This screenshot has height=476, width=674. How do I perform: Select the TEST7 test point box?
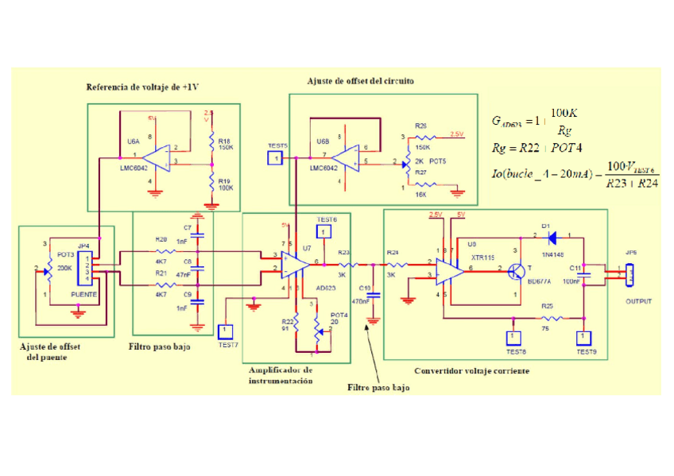(x=226, y=330)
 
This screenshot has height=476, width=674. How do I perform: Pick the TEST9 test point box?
(x=584, y=337)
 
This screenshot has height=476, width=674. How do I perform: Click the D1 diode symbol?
(x=551, y=236)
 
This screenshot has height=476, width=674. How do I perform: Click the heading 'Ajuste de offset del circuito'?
(x=360, y=81)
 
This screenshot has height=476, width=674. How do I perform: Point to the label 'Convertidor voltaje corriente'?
(x=465, y=371)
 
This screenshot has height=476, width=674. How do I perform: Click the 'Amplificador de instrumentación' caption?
(x=281, y=375)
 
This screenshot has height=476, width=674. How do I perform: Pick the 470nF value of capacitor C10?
(x=362, y=302)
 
